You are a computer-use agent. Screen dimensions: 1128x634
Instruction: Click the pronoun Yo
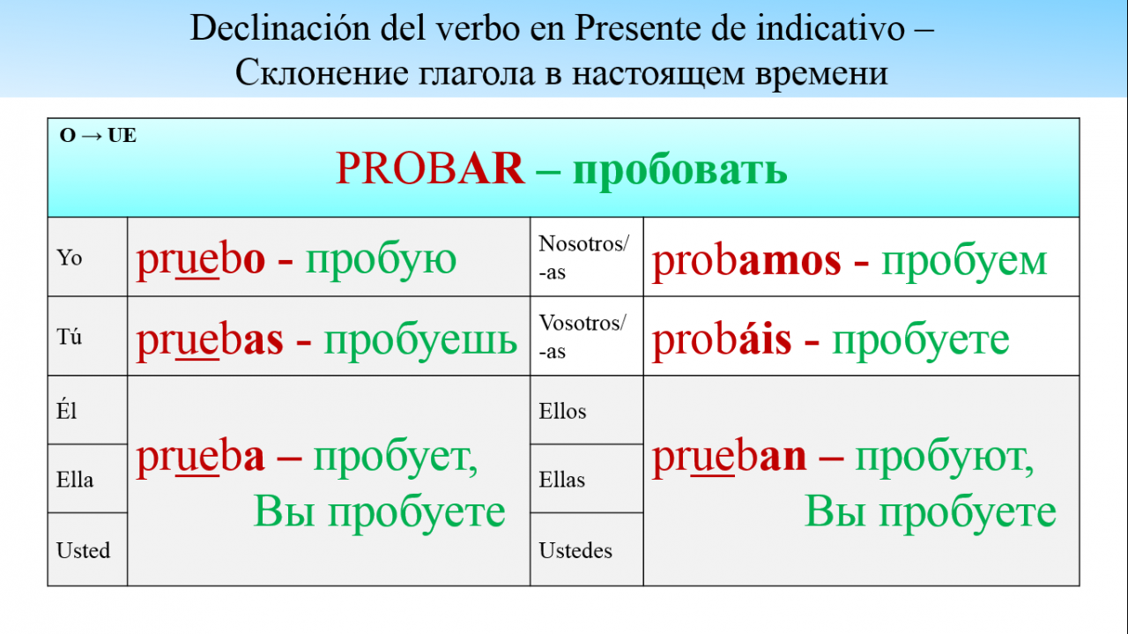click(69, 257)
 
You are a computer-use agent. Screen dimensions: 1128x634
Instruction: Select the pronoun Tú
click(69, 336)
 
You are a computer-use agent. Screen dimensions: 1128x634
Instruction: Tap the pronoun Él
click(66, 410)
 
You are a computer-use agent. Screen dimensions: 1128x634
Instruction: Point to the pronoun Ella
click(75, 480)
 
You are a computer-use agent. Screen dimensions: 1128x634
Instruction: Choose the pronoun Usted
click(83, 550)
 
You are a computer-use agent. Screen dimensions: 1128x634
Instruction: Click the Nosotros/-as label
click(583, 257)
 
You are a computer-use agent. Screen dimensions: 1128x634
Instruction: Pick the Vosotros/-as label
click(583, 336)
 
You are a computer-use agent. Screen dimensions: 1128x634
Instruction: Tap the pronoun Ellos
click(562, 411)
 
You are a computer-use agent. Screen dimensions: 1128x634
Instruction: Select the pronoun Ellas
click(562, 480)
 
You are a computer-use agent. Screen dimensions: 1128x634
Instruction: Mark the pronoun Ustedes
click(575, 550)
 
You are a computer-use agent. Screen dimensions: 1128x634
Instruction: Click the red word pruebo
click(200, 261)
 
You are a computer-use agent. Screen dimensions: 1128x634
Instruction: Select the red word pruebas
click(210, 340)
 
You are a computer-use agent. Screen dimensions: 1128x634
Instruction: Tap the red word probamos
click(746, 262)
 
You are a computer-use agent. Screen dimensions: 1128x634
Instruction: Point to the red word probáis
click(722, 340)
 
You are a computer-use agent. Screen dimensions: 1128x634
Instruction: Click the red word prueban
click(729, 458)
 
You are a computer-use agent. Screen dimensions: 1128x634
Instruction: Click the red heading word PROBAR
click(429, 168)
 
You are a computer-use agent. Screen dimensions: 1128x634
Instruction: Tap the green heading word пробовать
click(679, 171)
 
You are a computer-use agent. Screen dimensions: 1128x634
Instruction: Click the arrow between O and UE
click(92, 136)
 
